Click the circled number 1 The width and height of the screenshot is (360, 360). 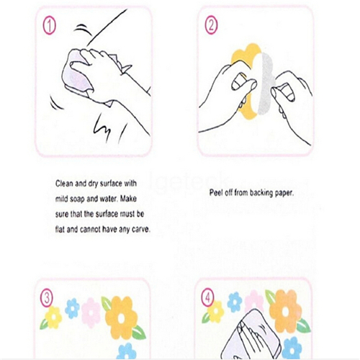click(49, 26)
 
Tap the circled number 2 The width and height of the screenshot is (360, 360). click(211, 25)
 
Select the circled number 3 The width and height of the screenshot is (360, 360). click(47, 298)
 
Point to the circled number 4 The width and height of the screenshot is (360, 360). click(207, 298)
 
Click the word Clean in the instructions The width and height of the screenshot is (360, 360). click(64, 184)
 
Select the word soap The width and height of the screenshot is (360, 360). click(77, 199)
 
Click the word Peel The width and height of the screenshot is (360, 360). click(216, 192)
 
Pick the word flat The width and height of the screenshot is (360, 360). click(60, 230)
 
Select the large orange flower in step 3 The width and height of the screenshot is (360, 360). click(121, 318)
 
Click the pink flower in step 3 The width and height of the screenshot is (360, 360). click(91, 312)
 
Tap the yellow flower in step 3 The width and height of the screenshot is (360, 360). click(53, 318)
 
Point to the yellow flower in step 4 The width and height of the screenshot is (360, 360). click(215, 312)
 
